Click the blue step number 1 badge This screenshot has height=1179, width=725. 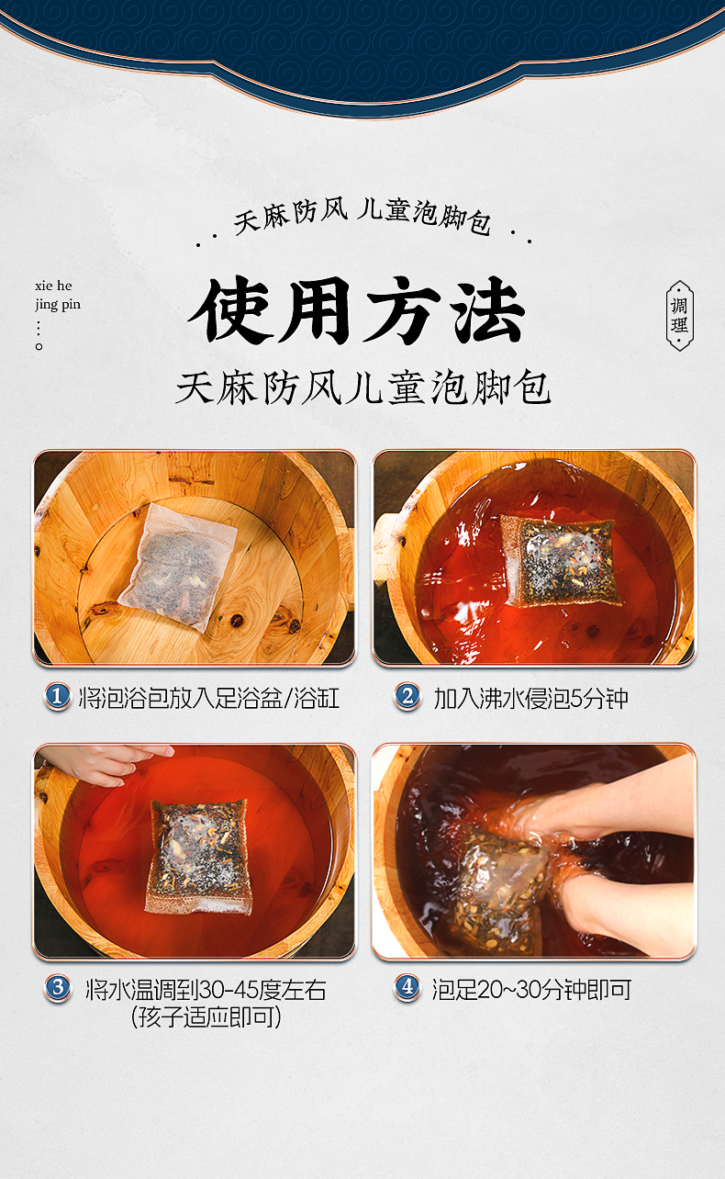point(57,697)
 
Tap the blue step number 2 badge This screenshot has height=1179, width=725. point(407,697)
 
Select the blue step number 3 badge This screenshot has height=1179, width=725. point(58,988)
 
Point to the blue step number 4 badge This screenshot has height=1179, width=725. point(407,987)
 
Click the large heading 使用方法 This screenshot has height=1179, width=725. point(358,310)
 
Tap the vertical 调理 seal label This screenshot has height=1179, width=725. point(679,315)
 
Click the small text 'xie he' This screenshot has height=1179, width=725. point(53,286)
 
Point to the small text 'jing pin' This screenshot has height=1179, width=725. point(58,305)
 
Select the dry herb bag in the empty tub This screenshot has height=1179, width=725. point(177,567)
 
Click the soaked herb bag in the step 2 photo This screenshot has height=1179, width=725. point(562,561)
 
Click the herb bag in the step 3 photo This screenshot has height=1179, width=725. point(198,857)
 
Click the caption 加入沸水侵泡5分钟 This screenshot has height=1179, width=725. point(530,699)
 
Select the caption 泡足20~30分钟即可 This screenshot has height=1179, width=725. point(531,990)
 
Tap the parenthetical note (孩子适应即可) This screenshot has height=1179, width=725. point(206,1016)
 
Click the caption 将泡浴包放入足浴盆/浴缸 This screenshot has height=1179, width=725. point(209,699)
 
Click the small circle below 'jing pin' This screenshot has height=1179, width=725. point(39,346)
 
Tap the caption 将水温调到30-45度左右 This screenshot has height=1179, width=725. point(206,990)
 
